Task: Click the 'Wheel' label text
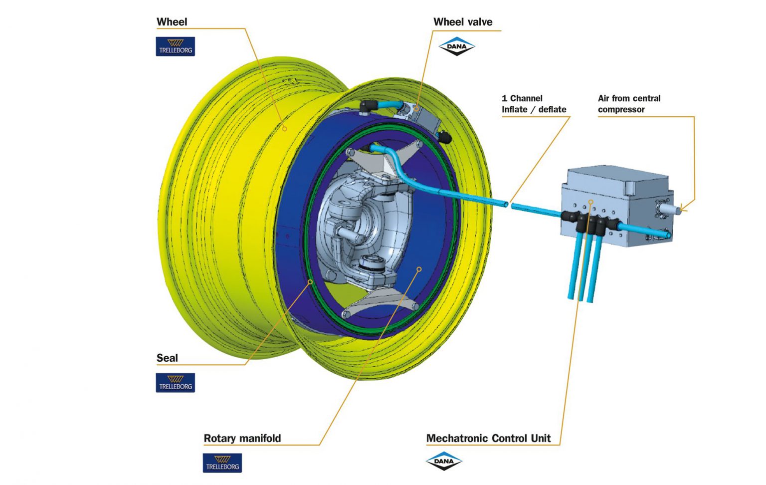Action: click(172, 22)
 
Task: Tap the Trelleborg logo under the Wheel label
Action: click(175, 46)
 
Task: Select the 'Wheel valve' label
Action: click(462, 22)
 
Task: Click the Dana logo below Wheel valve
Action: click(456, 46)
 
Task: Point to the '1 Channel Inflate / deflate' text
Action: click(534, 104)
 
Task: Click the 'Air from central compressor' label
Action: click(629, 104)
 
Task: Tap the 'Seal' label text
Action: click(167, 358)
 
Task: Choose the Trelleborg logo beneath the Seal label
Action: click(175, 383)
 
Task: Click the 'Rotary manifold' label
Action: click(242, 438)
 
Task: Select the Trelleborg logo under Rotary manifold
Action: click(222, 463)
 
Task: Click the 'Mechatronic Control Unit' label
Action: click(488, 438)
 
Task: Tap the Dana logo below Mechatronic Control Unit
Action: click(444, 461)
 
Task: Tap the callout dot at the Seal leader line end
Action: click(310, 282)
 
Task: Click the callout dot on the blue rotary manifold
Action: click(419, 269)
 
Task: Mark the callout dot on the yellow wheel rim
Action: click(285, 129)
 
